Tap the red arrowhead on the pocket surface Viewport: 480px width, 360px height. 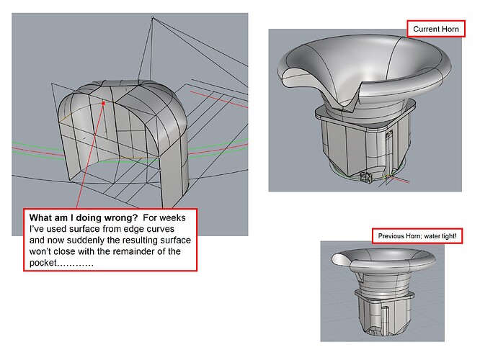104,103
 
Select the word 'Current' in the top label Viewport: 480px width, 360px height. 426,29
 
